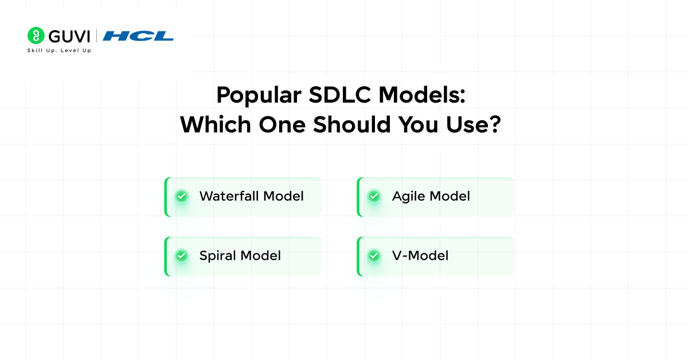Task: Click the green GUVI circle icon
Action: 36,36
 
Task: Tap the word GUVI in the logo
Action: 69,36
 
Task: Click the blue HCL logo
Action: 138,36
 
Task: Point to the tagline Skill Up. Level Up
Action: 59,50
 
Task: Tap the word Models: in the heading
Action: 424,95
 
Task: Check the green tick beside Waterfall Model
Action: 182,197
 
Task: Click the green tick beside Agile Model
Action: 374,197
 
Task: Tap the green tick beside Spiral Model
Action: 182,256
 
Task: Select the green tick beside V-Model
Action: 374,256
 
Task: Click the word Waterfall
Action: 229,196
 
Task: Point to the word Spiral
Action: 218,256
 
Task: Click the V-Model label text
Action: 420,256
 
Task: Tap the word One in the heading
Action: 280,125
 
